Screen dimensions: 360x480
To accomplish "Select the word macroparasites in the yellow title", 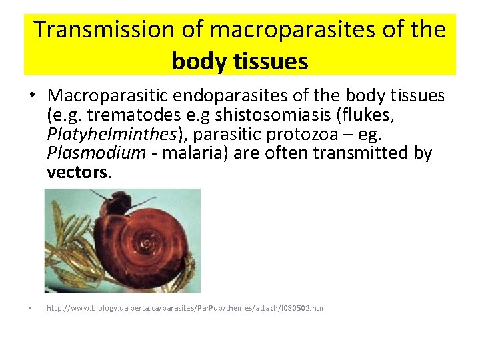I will coord(257,30).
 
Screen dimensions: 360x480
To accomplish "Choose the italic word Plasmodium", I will coord(96,154).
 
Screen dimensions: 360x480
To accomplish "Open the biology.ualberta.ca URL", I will coord(186,309).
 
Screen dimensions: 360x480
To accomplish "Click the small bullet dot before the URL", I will coord(31,309).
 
